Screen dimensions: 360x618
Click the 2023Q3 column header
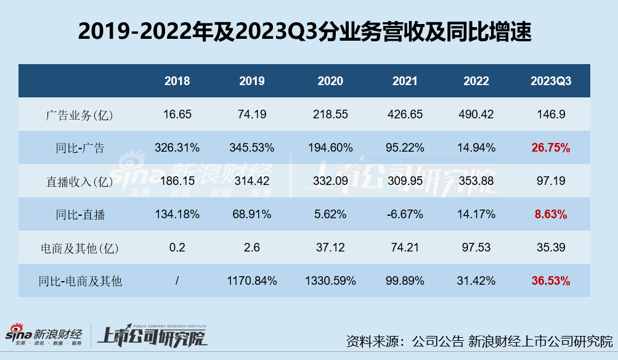click(x=550, y=81)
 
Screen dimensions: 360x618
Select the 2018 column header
click(x=177, y=81)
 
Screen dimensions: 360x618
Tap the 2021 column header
click(x=405, y=81)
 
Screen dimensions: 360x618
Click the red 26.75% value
click(x=550, y=148)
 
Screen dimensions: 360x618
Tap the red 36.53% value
click(x=550, y=281)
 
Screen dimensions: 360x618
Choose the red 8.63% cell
click(x=550, y=215)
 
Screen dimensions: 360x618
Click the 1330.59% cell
click(x=330, y=281)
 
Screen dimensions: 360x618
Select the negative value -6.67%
click(x=405, y=215)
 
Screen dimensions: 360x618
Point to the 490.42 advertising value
click(x=476, y=115)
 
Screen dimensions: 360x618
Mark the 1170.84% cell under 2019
click(x=251, y=281)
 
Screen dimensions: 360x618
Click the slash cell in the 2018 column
click(x=177, y=281)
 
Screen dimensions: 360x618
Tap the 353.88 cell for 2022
click(x=476, y=181)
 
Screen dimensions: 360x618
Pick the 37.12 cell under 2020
click(x=330, y=248)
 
